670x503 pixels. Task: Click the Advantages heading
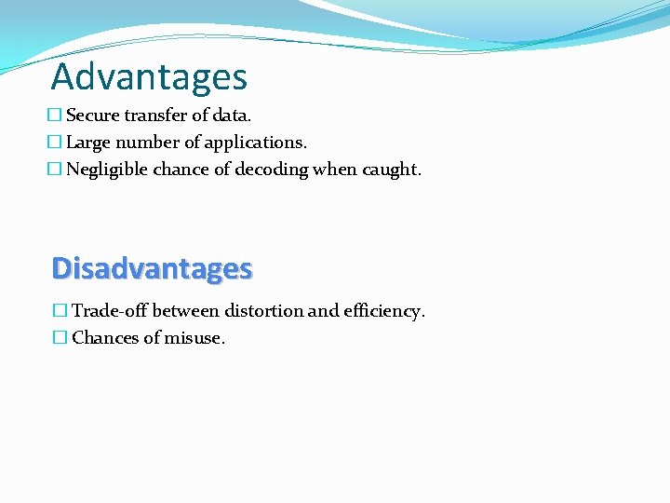coord(149,76)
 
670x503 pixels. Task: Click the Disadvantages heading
coord(152,268)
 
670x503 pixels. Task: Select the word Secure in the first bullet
coord(91,116)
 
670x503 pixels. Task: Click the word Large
coord(87,143)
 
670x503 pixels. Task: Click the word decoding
coord(271,170)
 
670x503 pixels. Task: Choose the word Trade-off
coord(110,311)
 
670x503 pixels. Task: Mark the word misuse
coord(194,338)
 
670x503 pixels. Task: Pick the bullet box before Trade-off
coord(60,311)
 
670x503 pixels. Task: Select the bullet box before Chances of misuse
coord(60,338)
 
